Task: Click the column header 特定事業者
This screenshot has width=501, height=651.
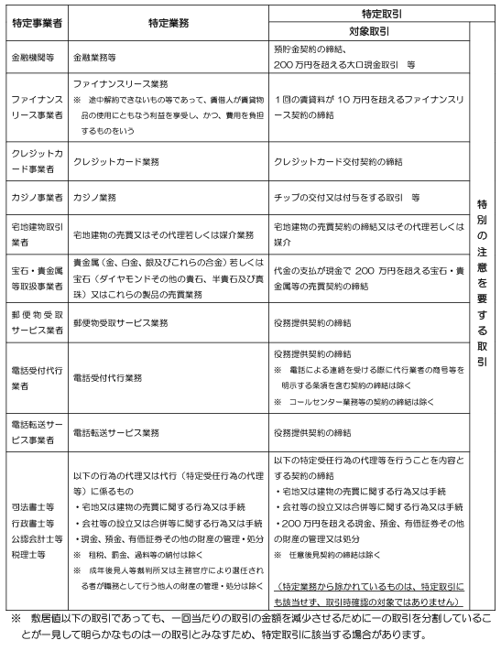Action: tap(34, 22)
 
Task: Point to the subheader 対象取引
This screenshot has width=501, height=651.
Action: tap(371, 30)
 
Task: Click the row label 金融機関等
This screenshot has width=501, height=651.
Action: tap(32, 57)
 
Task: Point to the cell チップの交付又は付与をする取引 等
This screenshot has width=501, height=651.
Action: tap(347, 197)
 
